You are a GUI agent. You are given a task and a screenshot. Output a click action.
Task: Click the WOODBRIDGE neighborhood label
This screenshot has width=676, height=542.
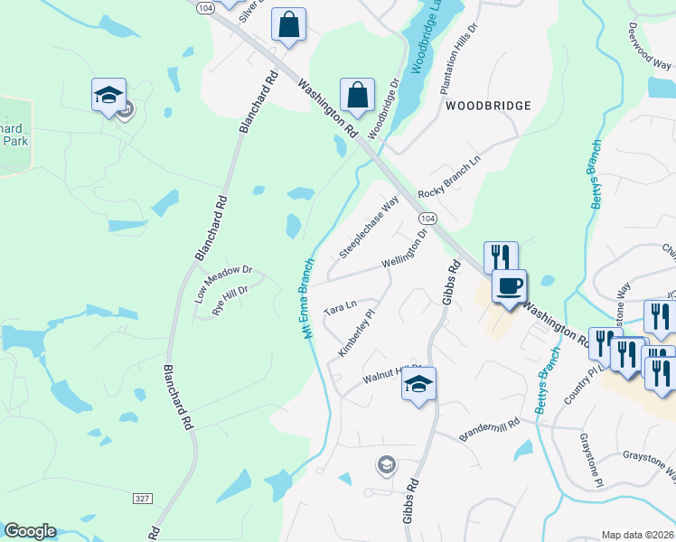pos(488,106)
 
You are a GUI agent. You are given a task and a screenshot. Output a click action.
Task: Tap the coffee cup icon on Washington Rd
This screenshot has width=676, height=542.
pos(509,285)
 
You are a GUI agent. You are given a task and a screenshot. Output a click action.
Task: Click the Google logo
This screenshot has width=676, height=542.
pos(30,531)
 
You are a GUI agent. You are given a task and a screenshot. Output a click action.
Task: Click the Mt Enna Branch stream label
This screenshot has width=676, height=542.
pos(307,299)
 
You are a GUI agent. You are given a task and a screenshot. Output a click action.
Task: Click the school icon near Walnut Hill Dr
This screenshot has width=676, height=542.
pos(418,383)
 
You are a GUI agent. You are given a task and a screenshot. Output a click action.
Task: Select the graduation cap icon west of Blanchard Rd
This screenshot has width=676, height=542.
pos(108,94)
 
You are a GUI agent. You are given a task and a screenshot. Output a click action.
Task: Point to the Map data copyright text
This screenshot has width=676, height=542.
pos(637,535)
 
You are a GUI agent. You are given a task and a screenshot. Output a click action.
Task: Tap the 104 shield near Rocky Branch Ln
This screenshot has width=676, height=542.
pos(427,219)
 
